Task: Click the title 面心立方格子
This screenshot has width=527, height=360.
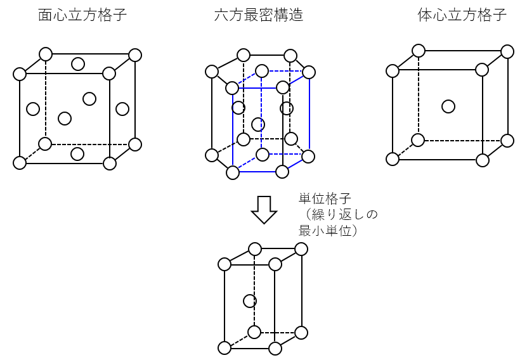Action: point(82,16)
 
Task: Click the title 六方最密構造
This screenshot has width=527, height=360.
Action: point(259,16)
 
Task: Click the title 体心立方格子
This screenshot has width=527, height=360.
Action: point(462,16)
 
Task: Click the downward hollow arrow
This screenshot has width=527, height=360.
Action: point(264,210)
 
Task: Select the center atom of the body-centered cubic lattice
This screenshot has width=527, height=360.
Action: point(448,106)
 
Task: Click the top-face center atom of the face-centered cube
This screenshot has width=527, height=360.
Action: point(77,64)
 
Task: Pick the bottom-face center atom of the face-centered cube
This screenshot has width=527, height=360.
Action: point(77,153)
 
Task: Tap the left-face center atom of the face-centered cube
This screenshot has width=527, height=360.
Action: point(33,109)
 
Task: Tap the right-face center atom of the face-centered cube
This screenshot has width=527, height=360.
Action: point(122,109)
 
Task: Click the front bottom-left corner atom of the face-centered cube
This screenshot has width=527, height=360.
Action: point(20,163)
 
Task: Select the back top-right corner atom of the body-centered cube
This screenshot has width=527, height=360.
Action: point(507,51)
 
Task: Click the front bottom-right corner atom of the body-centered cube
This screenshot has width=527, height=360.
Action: point(483,160)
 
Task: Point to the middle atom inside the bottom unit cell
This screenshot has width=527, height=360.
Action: point(250,301)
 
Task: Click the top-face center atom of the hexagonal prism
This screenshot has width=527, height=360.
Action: point(261,71)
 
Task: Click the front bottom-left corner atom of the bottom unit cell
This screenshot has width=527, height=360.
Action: point(224,348)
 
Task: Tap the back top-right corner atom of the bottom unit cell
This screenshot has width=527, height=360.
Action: point(302,249)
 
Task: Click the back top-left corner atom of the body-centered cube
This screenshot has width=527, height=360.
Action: point(418,51)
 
